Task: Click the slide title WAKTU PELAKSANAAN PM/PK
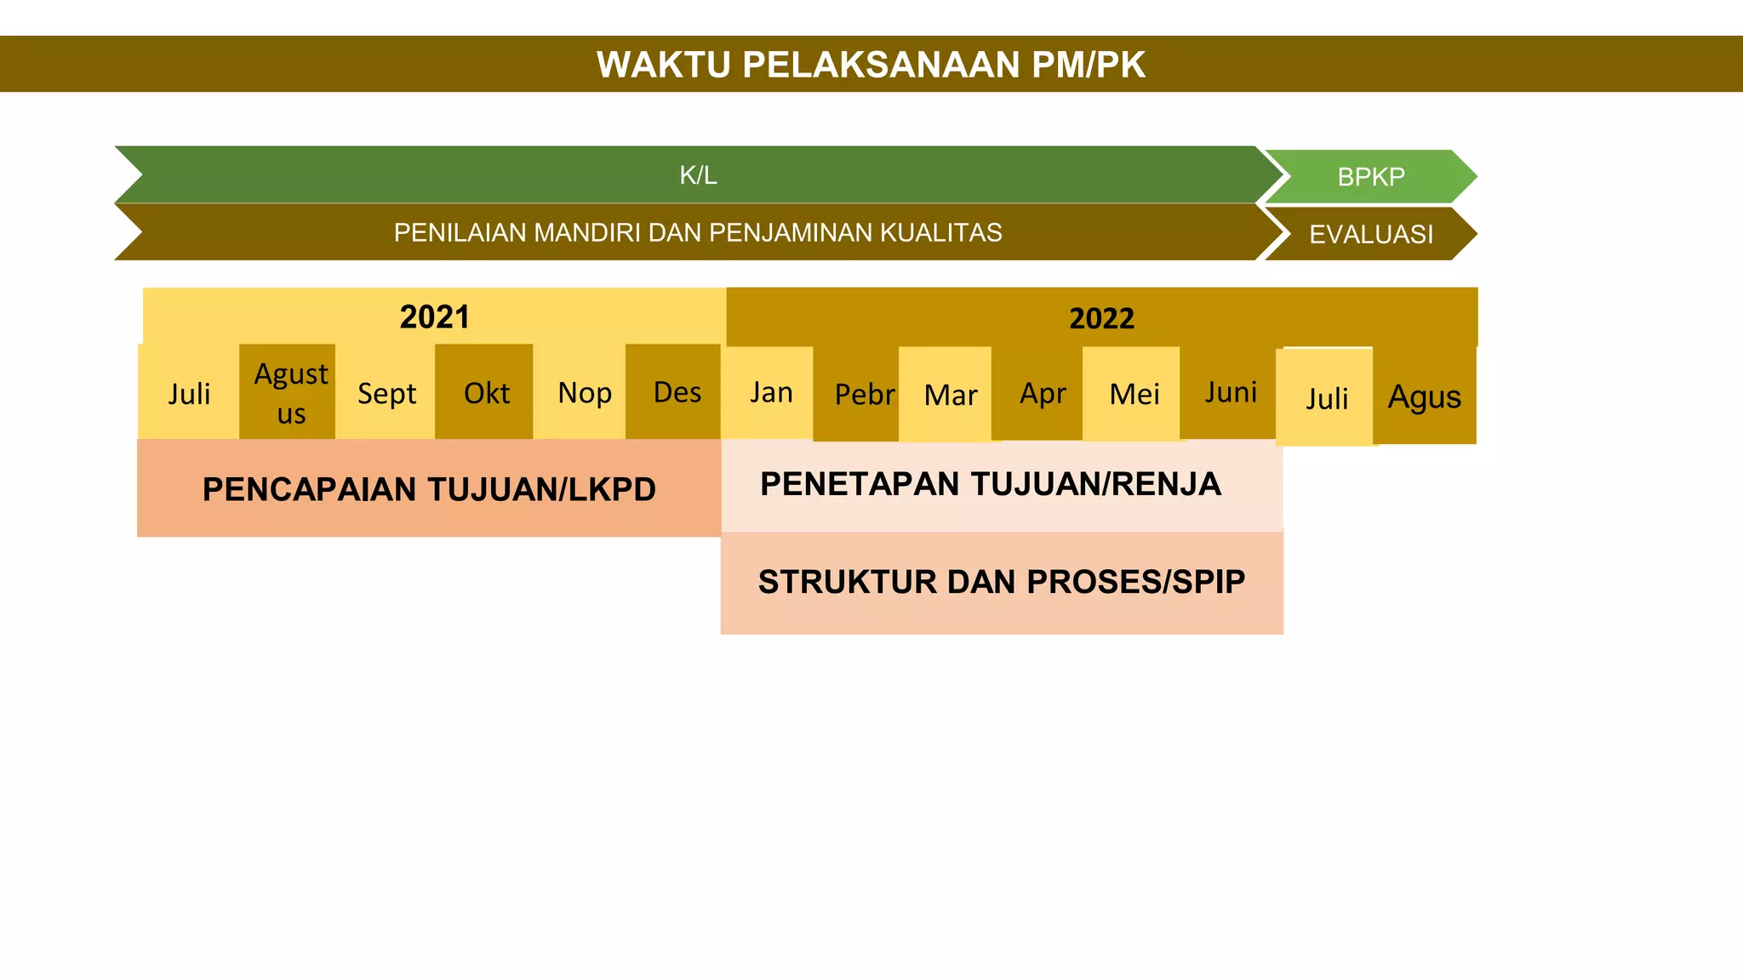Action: [x=871, y=65]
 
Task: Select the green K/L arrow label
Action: [x=698, y=175]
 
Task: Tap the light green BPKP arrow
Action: [x=1370, y=177]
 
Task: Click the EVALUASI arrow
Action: [x=1370, y=234]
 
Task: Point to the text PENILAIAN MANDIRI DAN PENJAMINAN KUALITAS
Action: [x=698, y=232]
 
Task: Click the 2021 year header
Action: [x=434, y=316]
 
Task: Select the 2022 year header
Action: [x=1101, y=318]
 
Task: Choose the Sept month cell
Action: [x=386, y=393]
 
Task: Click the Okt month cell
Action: [x=485, y=393]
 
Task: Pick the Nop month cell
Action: [x=584, y=393]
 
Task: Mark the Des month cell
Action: [x=676, y=392]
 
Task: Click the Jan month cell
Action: [x=770, y=392]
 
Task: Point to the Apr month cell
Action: [x=1042, y=393]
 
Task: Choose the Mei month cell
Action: [x=1134, y=394]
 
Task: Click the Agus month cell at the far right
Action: [x=1425, y=396]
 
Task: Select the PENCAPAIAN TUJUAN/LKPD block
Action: [x=429, y=489]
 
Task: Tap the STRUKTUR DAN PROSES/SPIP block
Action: [x=1002, y=583]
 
